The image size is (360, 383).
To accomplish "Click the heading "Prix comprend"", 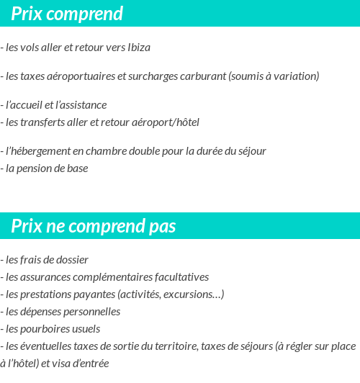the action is tap(67, 14).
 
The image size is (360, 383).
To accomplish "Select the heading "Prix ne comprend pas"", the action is tap(93, 226).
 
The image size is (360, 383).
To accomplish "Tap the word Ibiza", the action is tap(138, 48).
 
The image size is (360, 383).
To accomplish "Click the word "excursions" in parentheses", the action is tap(194, 294).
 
